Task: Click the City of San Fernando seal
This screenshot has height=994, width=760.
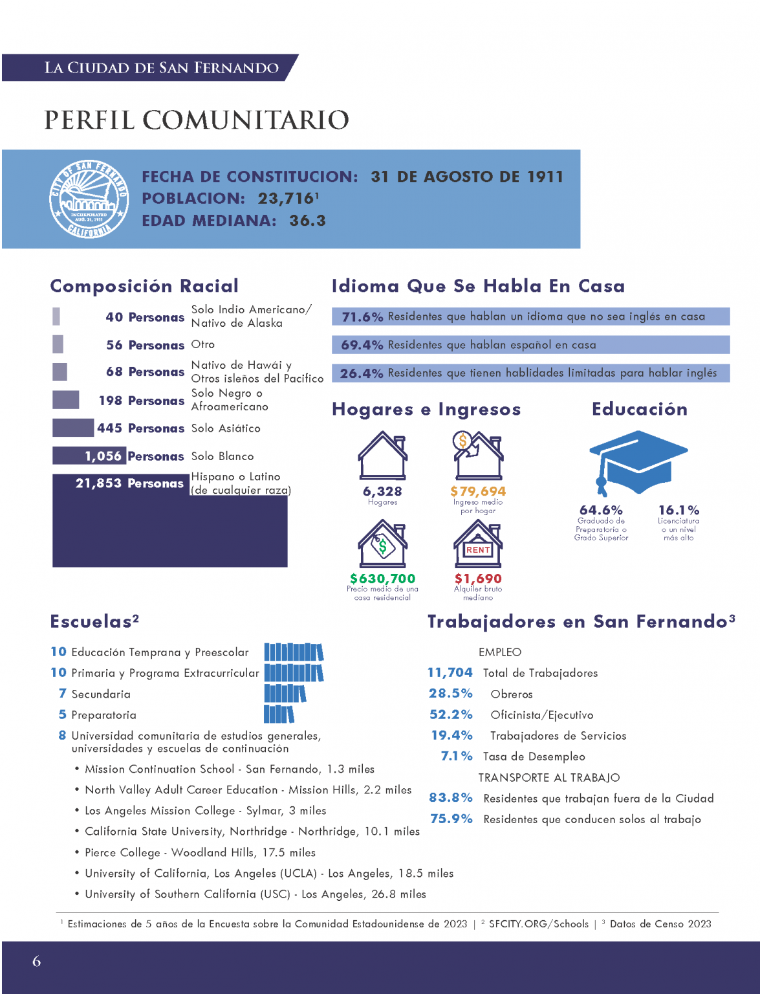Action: pyautogui.click(x=89, y=199)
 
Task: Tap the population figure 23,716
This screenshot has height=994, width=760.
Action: pyautogui.click(x=286, y=199)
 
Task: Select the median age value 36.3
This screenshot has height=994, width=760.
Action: pyautogui.click(x=307, y=221)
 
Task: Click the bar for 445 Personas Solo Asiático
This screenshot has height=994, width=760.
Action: pyautogui.click(x=73, y=428)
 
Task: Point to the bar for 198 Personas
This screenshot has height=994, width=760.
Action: pyautogui.click(x=65, y=400)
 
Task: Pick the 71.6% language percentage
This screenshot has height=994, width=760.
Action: pyautogui.click(x=362, y=316)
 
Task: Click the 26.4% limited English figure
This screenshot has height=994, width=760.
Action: pyautogui.click(x=361, y=373)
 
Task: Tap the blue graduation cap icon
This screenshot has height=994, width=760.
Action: pyautogui.click(x=638, y=463)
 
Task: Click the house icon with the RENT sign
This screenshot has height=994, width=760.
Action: pyautogui.click(x=477, y=544)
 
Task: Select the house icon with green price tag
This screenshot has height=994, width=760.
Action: pyautogui.click(x=382, y=544)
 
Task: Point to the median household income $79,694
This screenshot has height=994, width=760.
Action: pyautogui.click(x=477, y=491)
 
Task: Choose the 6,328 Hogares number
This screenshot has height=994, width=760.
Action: pyautogui.click(x=382, y=491)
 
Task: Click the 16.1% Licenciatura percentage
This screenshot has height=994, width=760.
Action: pyautogui.click(x=679, y=511)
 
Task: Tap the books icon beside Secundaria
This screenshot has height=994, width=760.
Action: pyautogui.click(x=285, y=693)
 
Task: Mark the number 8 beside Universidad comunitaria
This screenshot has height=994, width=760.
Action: pyautogui.click(x=63, y=735)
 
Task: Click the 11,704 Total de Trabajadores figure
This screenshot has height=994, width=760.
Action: pyautogui.click(x=450, y=672)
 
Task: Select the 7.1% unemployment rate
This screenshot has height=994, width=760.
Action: pyautogui.click(x=457, y=756)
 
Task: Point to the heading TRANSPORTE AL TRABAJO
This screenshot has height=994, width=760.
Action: pyautogui.click(x=549, y=778)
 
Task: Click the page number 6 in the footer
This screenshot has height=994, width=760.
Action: pyautogui.click(x=37, y=961)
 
